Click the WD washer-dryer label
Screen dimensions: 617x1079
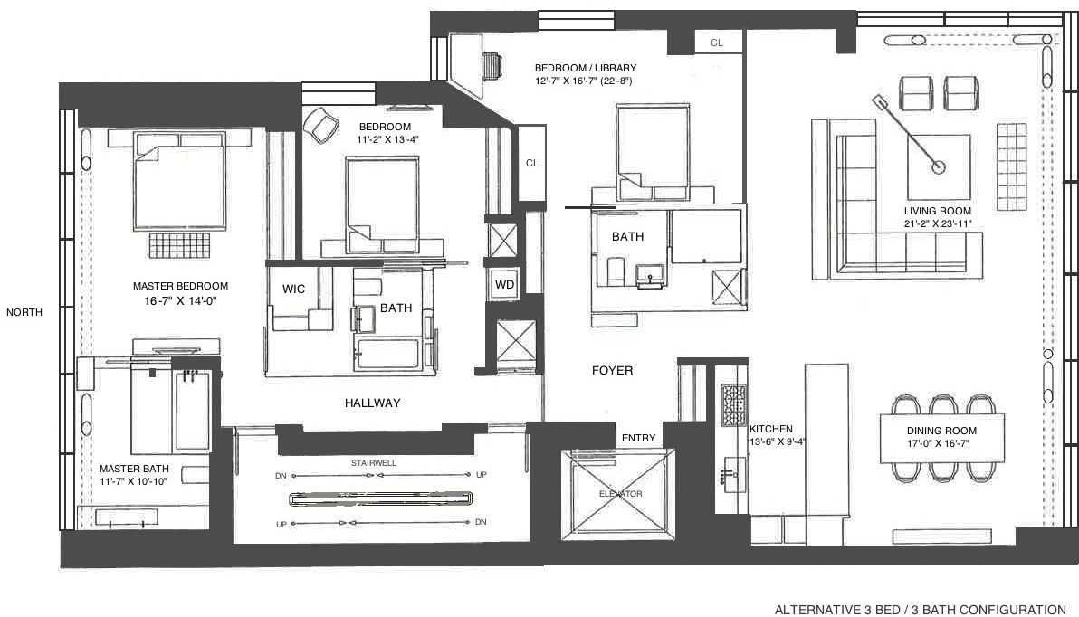click(x=503, y=283)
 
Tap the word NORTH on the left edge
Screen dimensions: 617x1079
click(x=24, y=312)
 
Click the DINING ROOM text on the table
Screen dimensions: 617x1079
click(x=941, y=431)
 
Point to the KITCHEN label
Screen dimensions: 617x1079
click(x=771, y=429)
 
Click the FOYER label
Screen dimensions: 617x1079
click(x=612, y=370)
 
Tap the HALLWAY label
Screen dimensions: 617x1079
click(x=372, y=403)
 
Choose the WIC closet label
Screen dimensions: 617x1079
click(x=293, y=290)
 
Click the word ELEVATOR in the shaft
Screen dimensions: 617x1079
click(x=620, y=493)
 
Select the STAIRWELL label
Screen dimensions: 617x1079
click(x=374, y=462)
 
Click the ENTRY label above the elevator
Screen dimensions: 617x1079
click(x=638, y=438)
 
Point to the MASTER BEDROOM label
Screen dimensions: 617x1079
click(x=180, y=286)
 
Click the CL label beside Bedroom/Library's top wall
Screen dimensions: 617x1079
click(x=717, y=43)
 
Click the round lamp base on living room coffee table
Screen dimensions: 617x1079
click(x=939, y=166)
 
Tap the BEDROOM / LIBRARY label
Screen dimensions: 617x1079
click(x=585, y=68)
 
